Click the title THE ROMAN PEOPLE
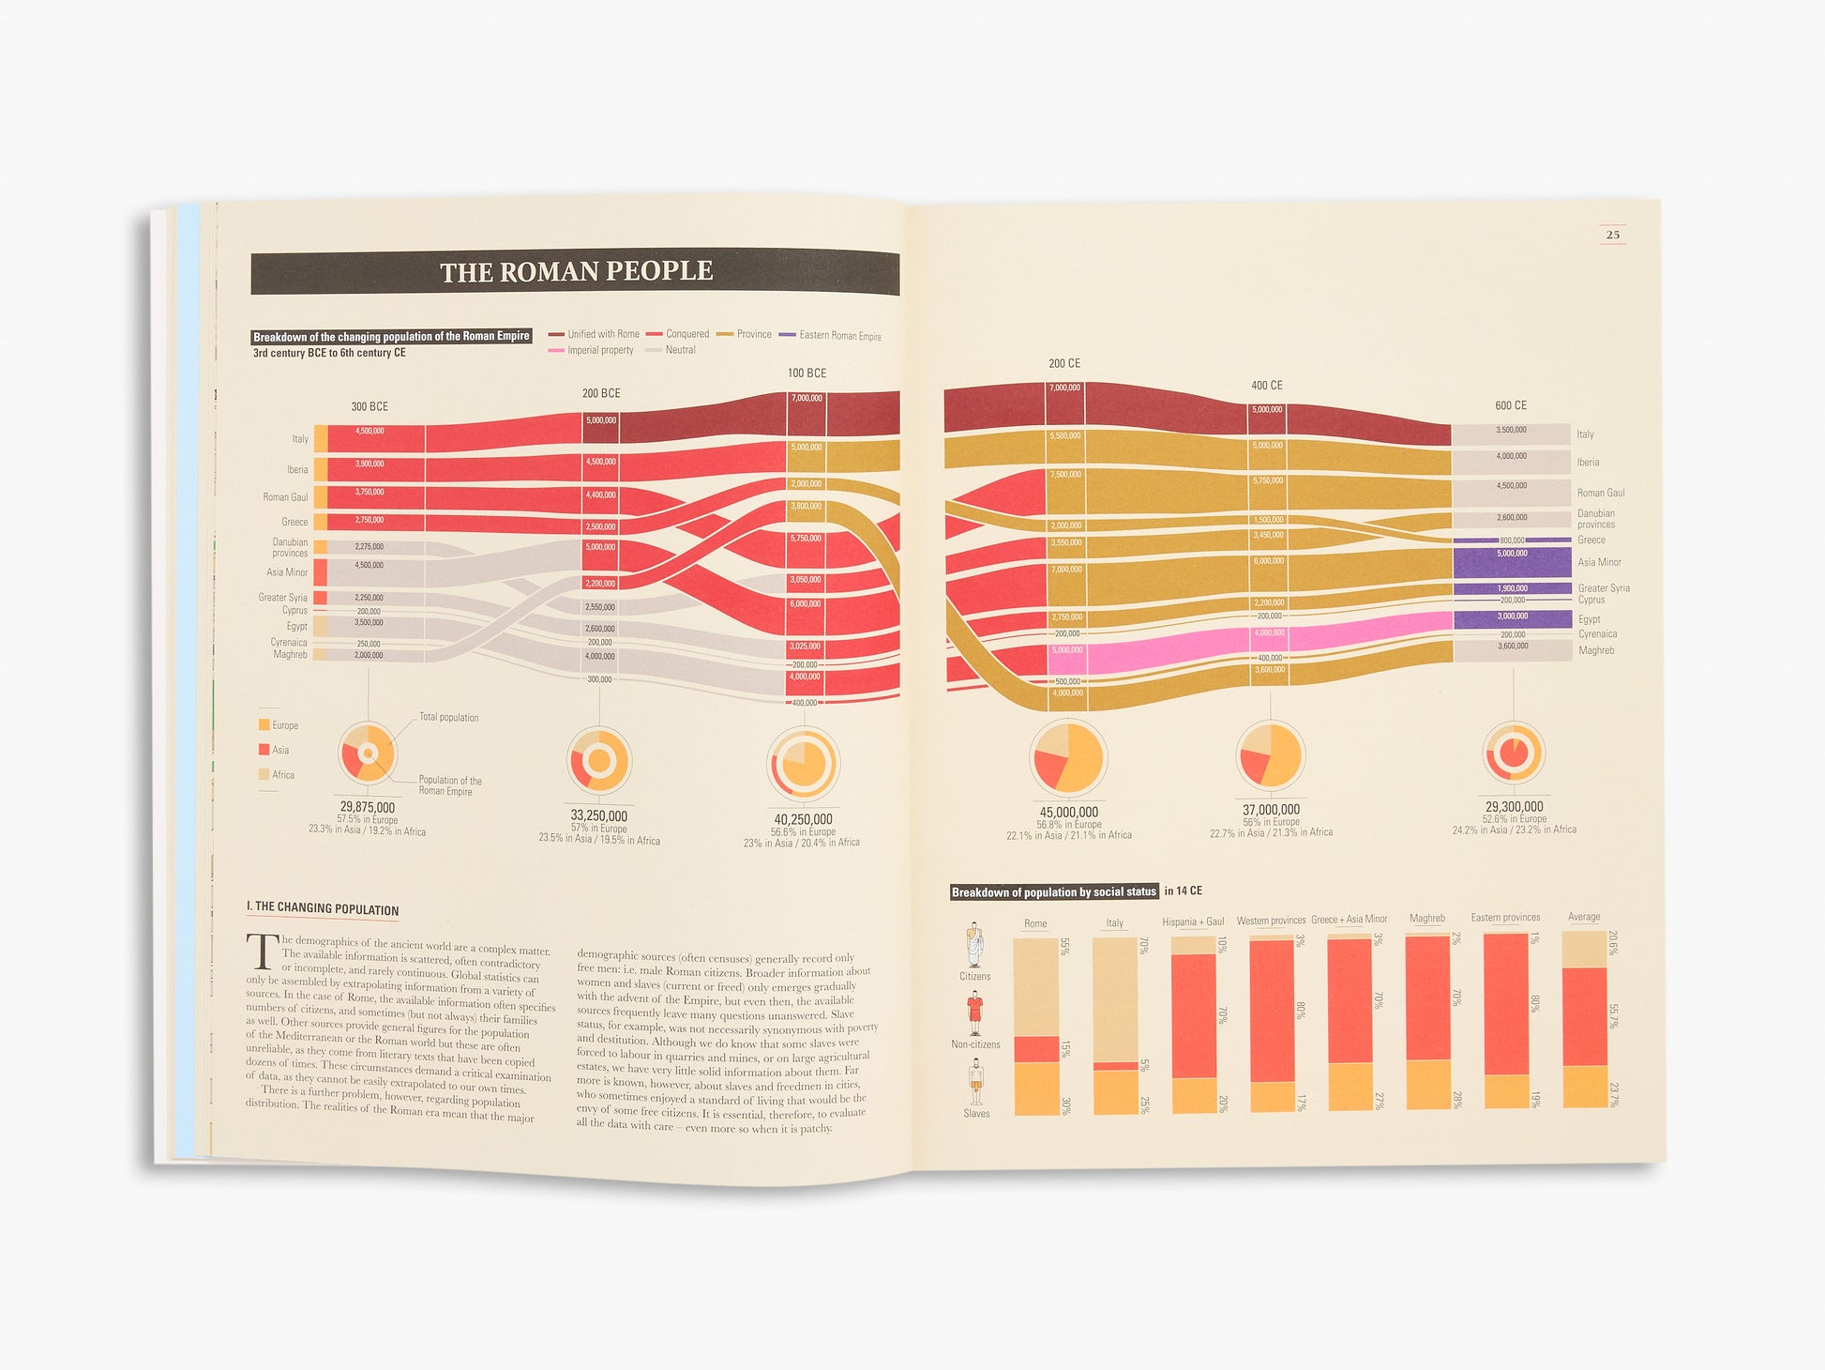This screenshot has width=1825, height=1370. click(x=576, y=271)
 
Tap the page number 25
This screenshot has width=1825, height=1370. click(x=1612, y=235)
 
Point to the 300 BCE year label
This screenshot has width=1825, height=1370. click(x=370, y=406)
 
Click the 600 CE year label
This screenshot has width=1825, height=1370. click(x=1511, y=405)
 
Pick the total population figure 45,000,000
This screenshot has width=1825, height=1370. click(x=1068, y=813)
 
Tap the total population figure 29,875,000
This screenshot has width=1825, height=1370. click(x=368, y=807)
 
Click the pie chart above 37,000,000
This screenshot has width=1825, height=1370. click(x=1270, y=754)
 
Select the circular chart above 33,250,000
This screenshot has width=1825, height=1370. click(x=599, y=760)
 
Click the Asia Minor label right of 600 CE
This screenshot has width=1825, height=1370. click(x=1599, y=562)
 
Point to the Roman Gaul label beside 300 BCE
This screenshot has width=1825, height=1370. click(x=285, y=497)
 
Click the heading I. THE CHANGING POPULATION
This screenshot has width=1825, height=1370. click(x=323, y=908)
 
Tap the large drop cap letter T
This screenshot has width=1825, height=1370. click(x=263, y=951)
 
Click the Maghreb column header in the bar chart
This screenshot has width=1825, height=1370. click(x=1426, y=919)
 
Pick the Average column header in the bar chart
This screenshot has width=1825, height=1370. click(x=1584, y=917)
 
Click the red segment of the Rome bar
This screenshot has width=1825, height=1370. click(x=1036, y=1049)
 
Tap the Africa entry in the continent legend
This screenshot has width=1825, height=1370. click(x=282, y=775)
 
